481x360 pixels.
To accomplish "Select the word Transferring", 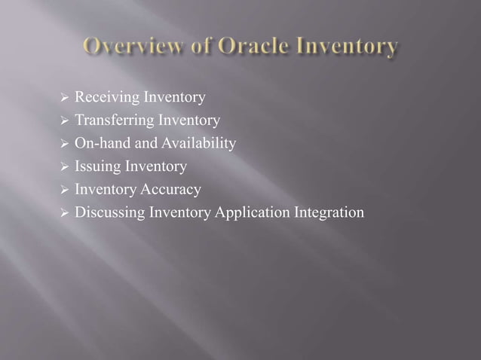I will [x=111, y=120].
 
